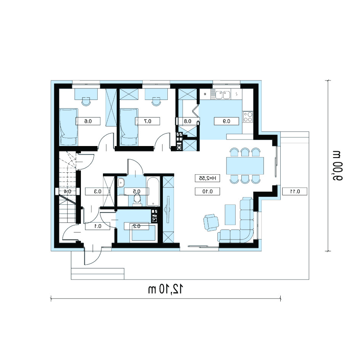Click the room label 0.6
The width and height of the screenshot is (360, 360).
tap(88, 121)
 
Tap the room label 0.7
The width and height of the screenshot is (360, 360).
tap(147, 121)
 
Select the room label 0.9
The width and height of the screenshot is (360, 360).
tap(227, 121)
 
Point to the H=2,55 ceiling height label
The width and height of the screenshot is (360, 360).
tap(207, 178)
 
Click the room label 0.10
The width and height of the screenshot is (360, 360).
tap(207, 191)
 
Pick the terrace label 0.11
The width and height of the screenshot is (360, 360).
tap(294, 191)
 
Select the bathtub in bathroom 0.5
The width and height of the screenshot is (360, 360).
tap(153, 191)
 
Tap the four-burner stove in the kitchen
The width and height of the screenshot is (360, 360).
tap(248, 116)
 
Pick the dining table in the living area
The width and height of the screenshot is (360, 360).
tap(245, 166)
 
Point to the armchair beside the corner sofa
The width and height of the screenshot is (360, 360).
tap(211, 222)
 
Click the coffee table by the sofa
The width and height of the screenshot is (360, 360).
tap(230, 215)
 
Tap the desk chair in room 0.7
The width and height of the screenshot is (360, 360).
tap(156, 101)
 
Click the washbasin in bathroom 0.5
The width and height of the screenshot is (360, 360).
tap(121, 183)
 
